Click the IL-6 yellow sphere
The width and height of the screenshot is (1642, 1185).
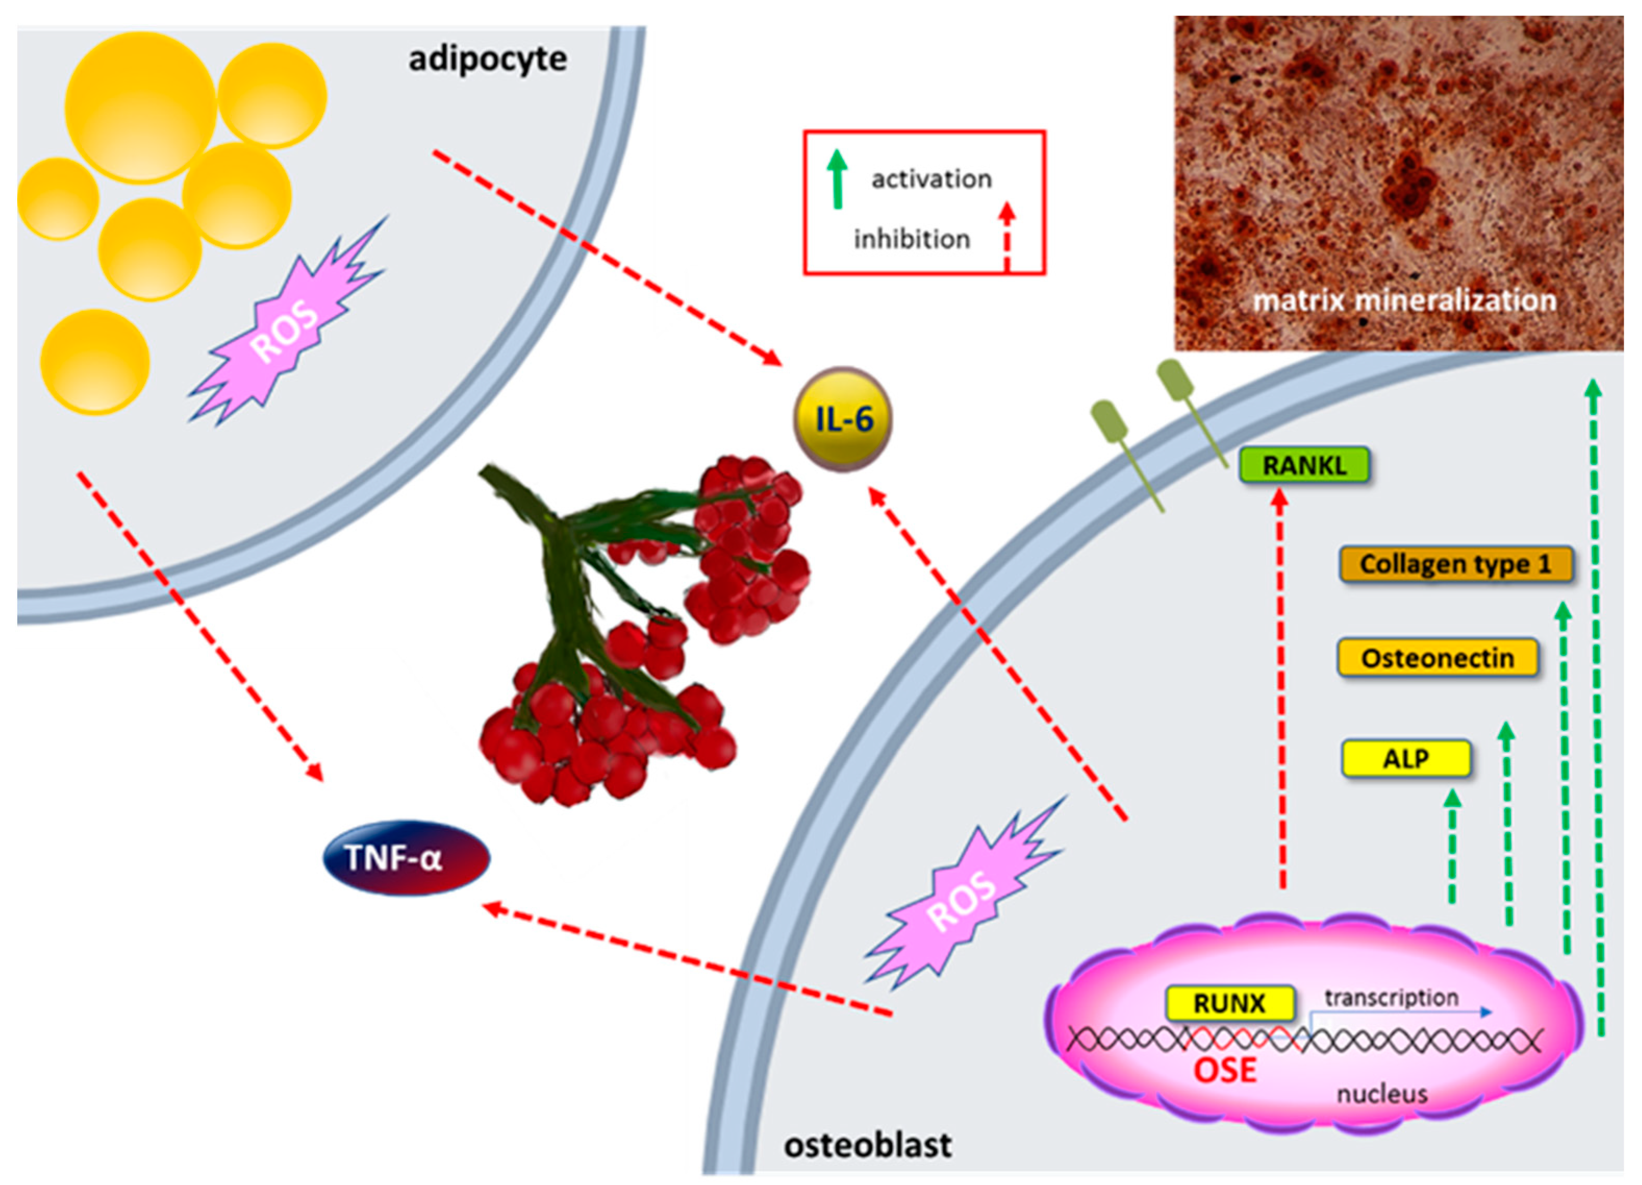pos(843,419)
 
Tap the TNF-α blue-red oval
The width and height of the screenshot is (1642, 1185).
pos(406,858)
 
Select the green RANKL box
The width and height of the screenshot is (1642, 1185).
pos(1304,465)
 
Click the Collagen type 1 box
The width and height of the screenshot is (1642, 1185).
pos(1455,564)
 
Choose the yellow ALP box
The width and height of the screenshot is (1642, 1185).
pos(1406,759)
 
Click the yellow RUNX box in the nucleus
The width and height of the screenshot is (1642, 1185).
pos(1229,1003)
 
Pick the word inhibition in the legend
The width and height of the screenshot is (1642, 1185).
pos(912,239)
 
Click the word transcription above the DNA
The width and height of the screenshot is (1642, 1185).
pos(1391,998)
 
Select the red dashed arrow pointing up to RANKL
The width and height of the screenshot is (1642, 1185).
pos(1281,688)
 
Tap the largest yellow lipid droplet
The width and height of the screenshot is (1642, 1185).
pos(140,107)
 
